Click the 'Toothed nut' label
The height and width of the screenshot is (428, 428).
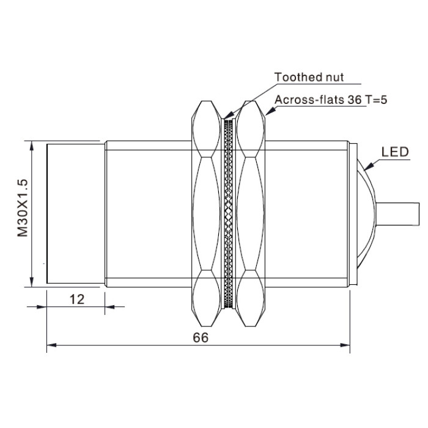coord(309,77)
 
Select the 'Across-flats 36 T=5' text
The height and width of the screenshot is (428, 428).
coord(331,100)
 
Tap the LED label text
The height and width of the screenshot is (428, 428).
coord(395,152)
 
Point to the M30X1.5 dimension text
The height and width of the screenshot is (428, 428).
coord(23,208)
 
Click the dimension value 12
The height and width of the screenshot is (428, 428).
coord(77,300)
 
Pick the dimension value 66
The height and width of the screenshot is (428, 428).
coord(201,338)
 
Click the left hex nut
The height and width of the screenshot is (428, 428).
coord(206,214)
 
